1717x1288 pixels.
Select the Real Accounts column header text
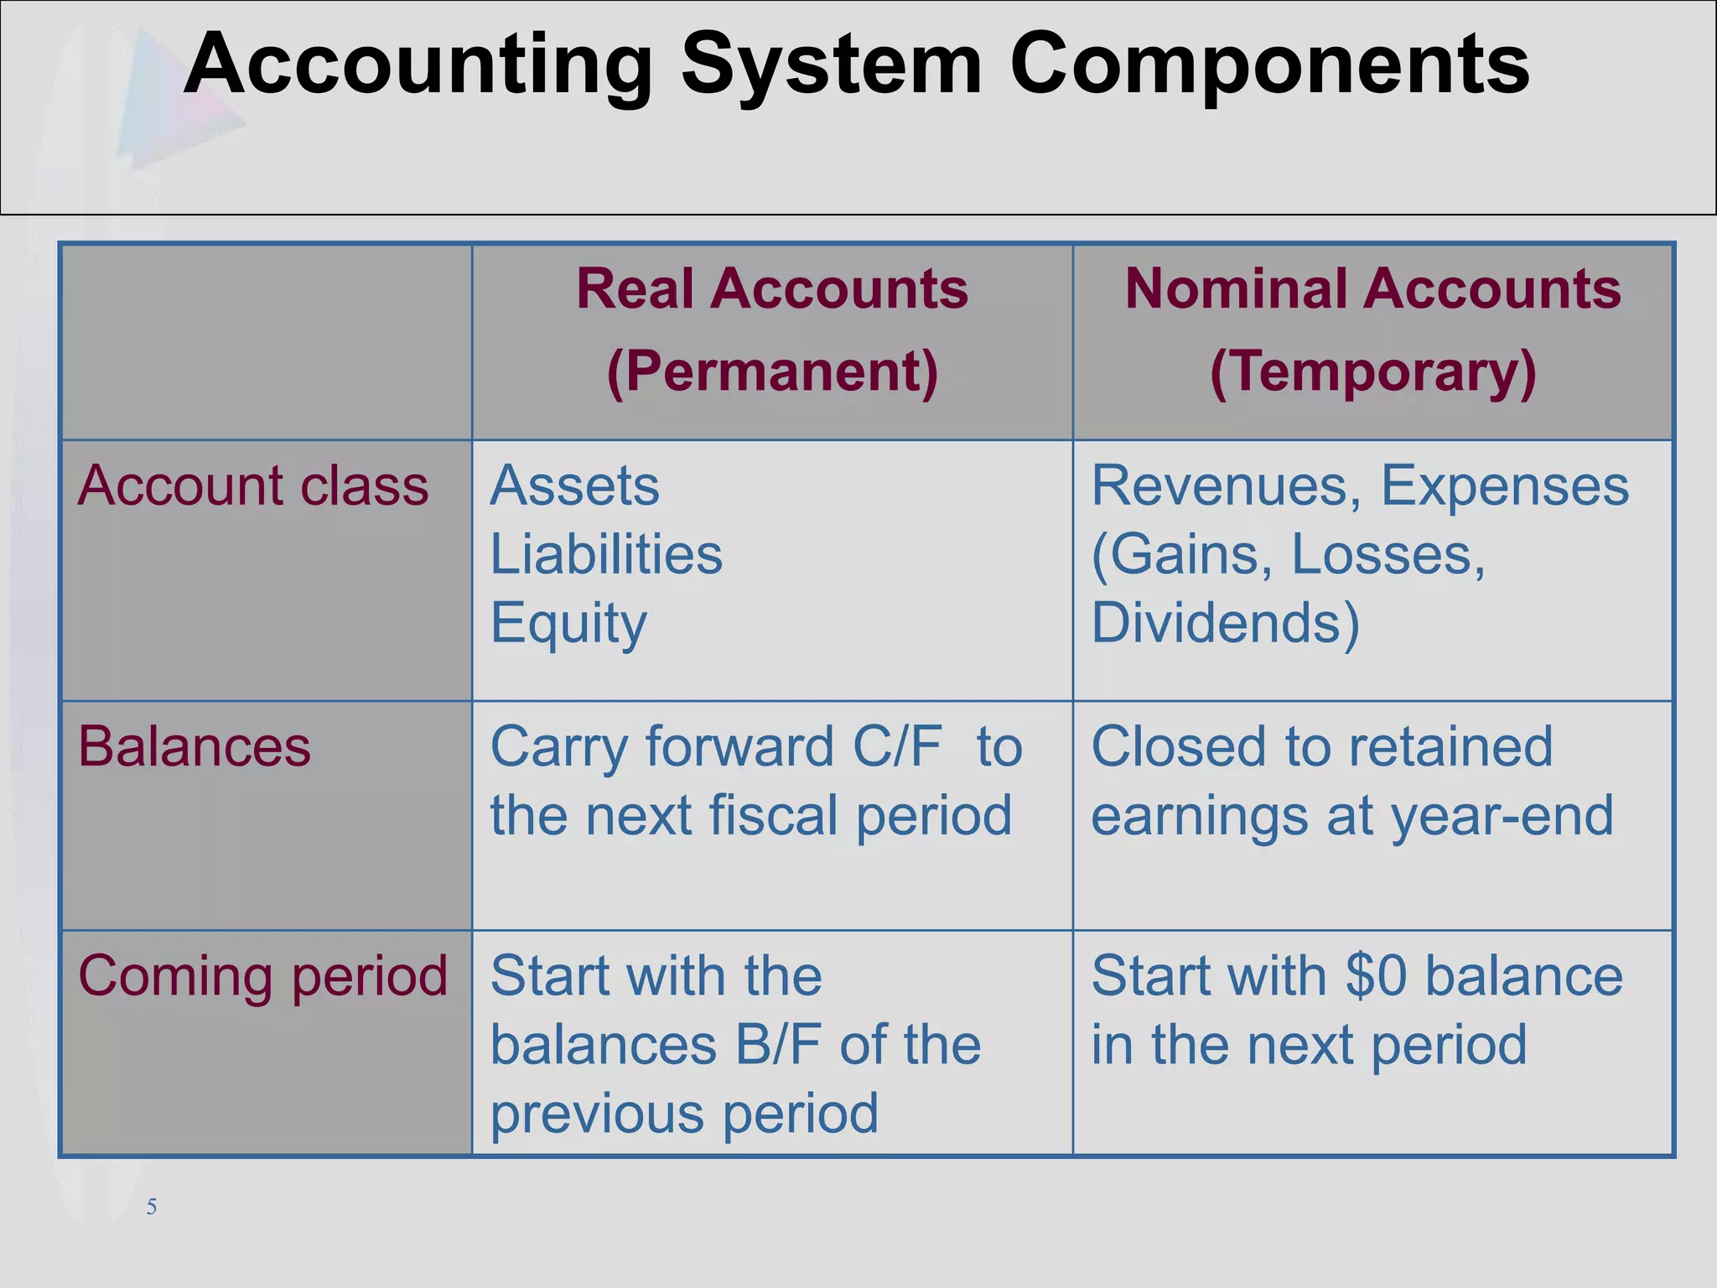pyautogui.click(x=772, y=288)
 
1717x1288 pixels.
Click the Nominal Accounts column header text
pyautogui.click(x=1372, y=288)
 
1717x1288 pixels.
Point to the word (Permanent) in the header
pyautogui.click(x=772, y=371)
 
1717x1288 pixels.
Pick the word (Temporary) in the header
pyautogui.click(x=1372, y=371)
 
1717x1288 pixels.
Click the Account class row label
pyautogui.click(x=253, y=486)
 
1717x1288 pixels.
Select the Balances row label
pyautogui.click(x=194, y=746)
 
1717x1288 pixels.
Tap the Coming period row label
pyautogui.click(x=262, y=976)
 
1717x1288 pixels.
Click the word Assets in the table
pyautogui.click(x=575, y=486)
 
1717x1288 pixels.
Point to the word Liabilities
pyautogui.click(x=606, y=554)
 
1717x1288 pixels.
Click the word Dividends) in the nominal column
pyautogui.click(x=1225, y=623)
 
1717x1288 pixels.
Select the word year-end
pyautogui.click(x=1502, y=816)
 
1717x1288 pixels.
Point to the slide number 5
pyautogui.click(x=152, y=1207)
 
